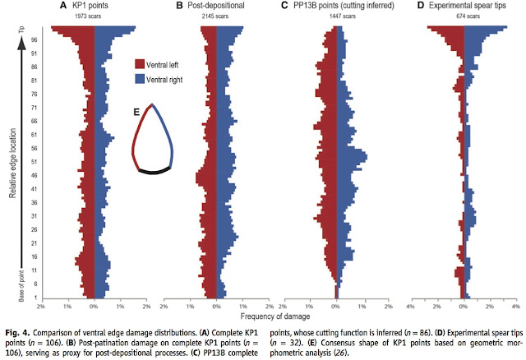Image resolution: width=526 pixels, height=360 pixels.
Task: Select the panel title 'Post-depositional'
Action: click(220, 7)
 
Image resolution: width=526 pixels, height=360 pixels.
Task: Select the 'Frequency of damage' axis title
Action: click(275, 316)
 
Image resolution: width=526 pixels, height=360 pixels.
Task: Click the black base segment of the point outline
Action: click(154, 172)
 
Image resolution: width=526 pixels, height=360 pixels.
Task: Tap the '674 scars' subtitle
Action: click(462, 16)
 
